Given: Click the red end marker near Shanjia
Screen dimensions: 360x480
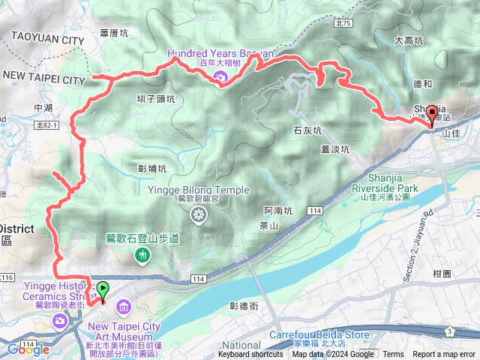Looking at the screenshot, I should click(431, 117).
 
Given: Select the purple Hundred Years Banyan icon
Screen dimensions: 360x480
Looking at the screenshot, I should click(220, 77).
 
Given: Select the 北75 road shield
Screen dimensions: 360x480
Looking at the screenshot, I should click(344, 24).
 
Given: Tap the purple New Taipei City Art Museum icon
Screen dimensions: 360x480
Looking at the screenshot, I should click(123, 306).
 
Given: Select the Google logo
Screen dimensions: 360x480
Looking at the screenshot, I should click(28, 349).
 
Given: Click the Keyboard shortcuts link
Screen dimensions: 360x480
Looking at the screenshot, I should click(250, 355).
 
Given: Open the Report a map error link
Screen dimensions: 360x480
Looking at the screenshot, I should click(444, 355).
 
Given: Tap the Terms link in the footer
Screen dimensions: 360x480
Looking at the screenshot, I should click(393, 355).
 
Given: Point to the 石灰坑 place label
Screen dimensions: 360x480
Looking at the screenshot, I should click(307, 130).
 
